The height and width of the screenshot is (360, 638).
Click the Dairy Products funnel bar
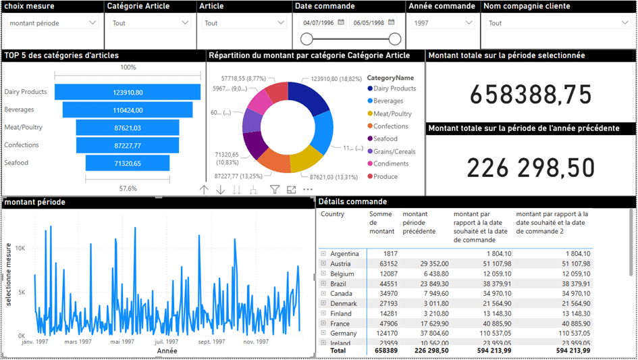click(x=128, y=92)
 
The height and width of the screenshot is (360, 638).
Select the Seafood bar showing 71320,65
click(x=128, y=163)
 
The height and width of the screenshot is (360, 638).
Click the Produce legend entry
click(x=386, y=176)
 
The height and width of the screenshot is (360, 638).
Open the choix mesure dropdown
click(x=53, y=23)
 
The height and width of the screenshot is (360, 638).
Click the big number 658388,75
click(x=531, y=95)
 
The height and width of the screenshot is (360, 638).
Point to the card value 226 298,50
click(x=531, y=168)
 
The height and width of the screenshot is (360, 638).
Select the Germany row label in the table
click(x=344, y=333)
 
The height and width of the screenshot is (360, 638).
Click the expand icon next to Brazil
click(x=323, y=284)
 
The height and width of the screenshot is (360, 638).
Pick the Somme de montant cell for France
click(x=383, y=324)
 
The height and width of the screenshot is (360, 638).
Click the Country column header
click(x=333, y=214)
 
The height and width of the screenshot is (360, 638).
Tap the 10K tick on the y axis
click(x=20, y=249)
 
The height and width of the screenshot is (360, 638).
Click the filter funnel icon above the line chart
click(x=275, y=190)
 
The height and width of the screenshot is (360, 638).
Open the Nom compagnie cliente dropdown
click(x=558, y=23)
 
